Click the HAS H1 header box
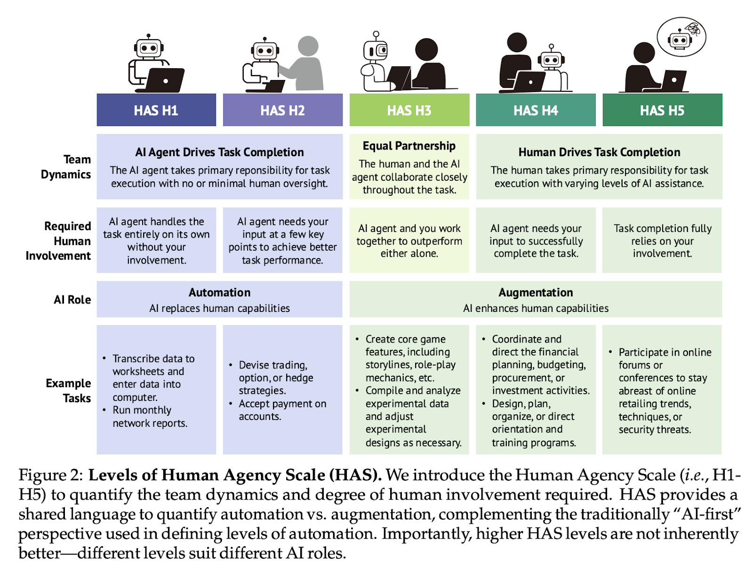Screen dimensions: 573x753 click(156, 110)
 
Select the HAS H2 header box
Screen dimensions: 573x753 click(282, 110)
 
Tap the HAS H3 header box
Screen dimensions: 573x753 click(409, 110)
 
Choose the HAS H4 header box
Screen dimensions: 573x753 click(536, 110)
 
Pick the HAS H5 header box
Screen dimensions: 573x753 click(662, 110)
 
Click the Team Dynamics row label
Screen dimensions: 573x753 click(66, 167)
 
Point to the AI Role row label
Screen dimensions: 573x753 click(72, 300)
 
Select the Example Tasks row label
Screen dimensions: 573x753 click(69, 390)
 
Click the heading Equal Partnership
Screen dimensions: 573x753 click(409, 146)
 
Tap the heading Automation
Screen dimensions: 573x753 click(219, 293)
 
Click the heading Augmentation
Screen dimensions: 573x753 click(536, 293)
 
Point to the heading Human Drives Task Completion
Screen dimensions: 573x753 click(599, 152)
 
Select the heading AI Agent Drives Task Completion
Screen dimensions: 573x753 click(219, 152)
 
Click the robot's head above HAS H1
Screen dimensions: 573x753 click(149, 48)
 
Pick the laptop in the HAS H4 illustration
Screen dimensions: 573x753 click(529, 81)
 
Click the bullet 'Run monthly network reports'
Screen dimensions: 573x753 click(149, 417)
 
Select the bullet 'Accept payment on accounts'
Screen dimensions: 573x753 click(282, 410)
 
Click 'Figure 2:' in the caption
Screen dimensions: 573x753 click(50, 475)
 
